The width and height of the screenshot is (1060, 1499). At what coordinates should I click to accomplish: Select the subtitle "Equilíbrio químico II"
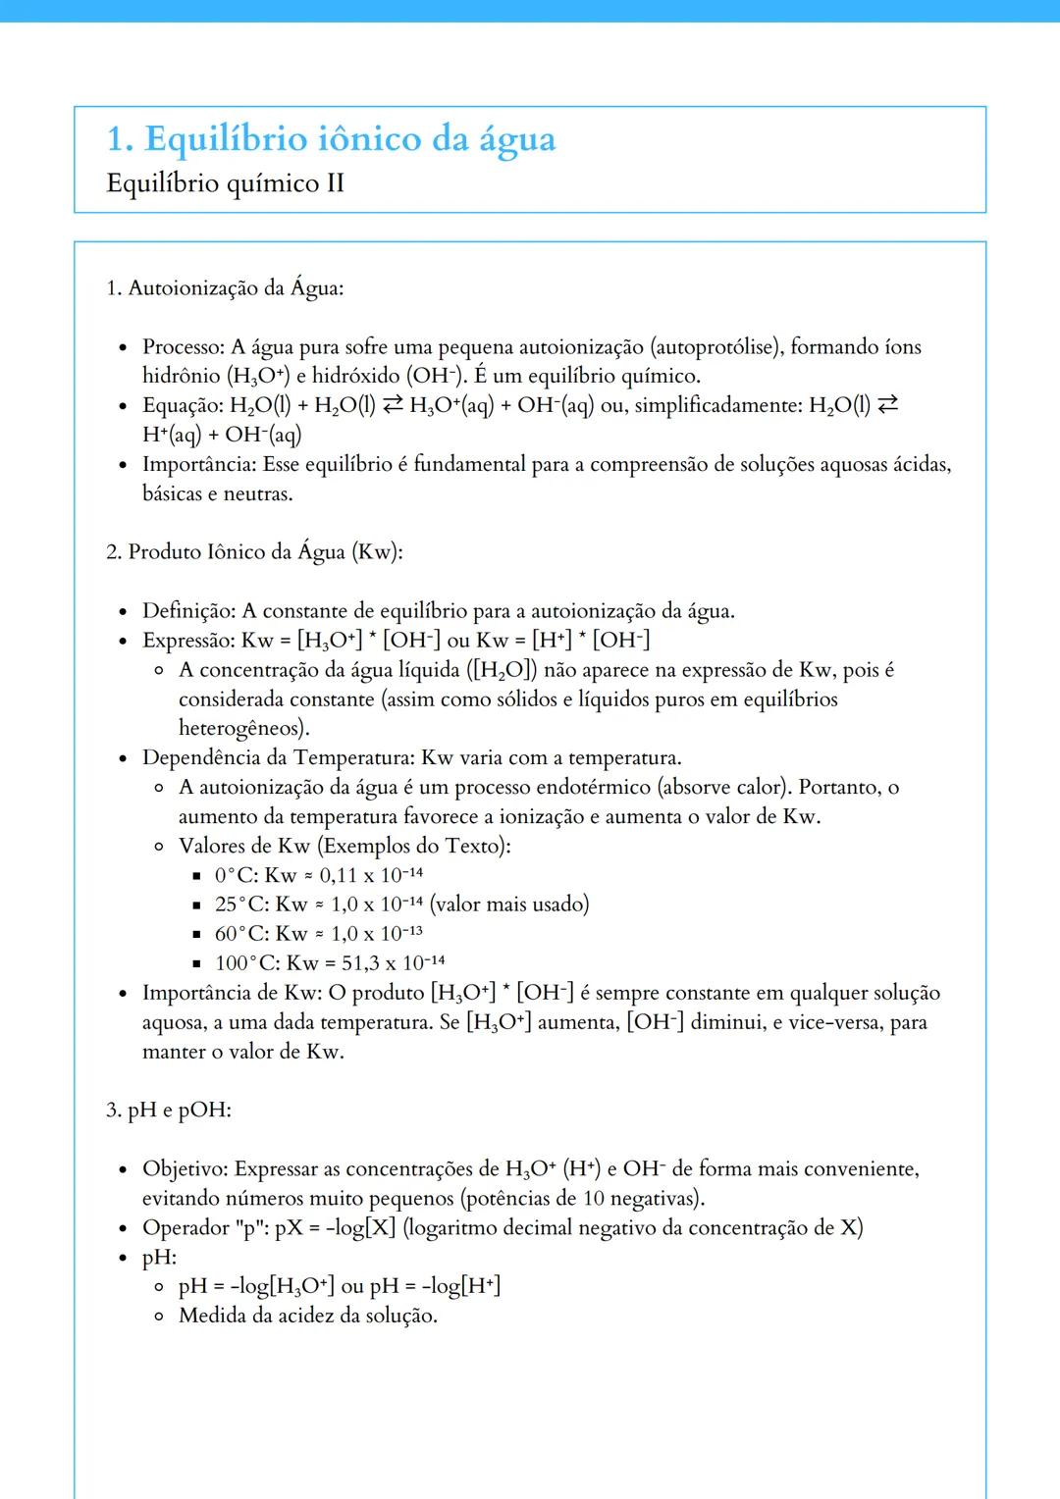[x=225, y=183]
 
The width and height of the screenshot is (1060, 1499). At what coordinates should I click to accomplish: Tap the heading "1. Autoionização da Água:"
[x=225, y=287]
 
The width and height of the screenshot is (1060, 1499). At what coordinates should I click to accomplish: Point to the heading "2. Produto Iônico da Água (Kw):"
[x=254, y=551]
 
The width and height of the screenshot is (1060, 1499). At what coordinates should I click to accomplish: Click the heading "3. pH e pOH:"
[x=169, y=1110]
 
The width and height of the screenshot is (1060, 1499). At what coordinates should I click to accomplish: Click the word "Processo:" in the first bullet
[x=184, y=346]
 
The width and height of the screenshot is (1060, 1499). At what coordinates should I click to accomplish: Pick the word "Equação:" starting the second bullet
[x=183, y=405]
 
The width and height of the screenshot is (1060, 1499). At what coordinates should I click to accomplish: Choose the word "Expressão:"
[x=188, y=641]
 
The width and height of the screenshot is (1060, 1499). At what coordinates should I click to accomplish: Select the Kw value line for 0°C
[x=319, y=875]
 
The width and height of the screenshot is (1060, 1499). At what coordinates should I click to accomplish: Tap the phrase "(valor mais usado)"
[x=509, y=904]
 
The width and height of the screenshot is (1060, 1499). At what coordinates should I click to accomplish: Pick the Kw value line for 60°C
[x=319, y=933]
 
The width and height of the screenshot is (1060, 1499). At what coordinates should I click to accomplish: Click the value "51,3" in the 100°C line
[x=360, y=962]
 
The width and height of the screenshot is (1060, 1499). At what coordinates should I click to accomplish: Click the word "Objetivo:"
[x=185, y=1168]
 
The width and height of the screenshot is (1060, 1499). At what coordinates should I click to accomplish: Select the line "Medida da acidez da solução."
[x=307, y=1316]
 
